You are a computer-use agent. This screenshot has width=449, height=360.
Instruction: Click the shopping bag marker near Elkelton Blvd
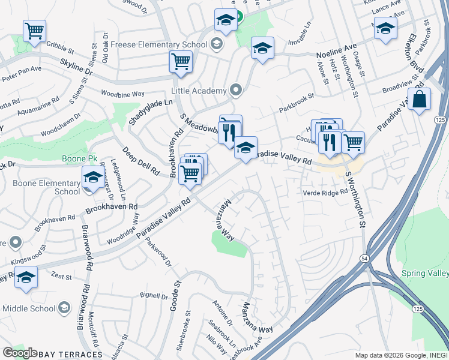(419, 99)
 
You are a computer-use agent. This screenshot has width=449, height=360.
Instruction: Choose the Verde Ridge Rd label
(325, 193)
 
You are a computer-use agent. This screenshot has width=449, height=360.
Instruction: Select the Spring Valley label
(424, 273)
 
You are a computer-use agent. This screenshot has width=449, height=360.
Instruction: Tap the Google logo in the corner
(20, 353)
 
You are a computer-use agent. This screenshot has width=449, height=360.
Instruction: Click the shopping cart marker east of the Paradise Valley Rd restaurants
(353, 142)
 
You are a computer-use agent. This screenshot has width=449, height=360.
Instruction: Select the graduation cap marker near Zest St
(26, 277)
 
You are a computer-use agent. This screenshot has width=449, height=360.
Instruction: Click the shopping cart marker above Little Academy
(180, 61)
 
